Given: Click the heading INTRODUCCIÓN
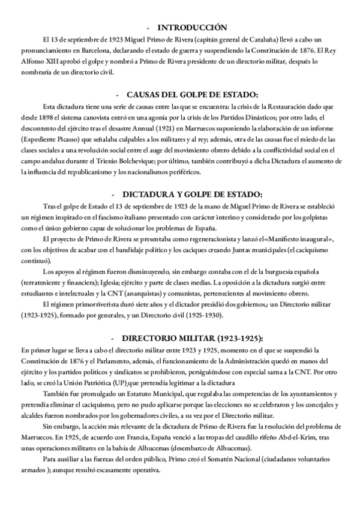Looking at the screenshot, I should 192,28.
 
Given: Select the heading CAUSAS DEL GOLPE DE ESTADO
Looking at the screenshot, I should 192,94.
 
